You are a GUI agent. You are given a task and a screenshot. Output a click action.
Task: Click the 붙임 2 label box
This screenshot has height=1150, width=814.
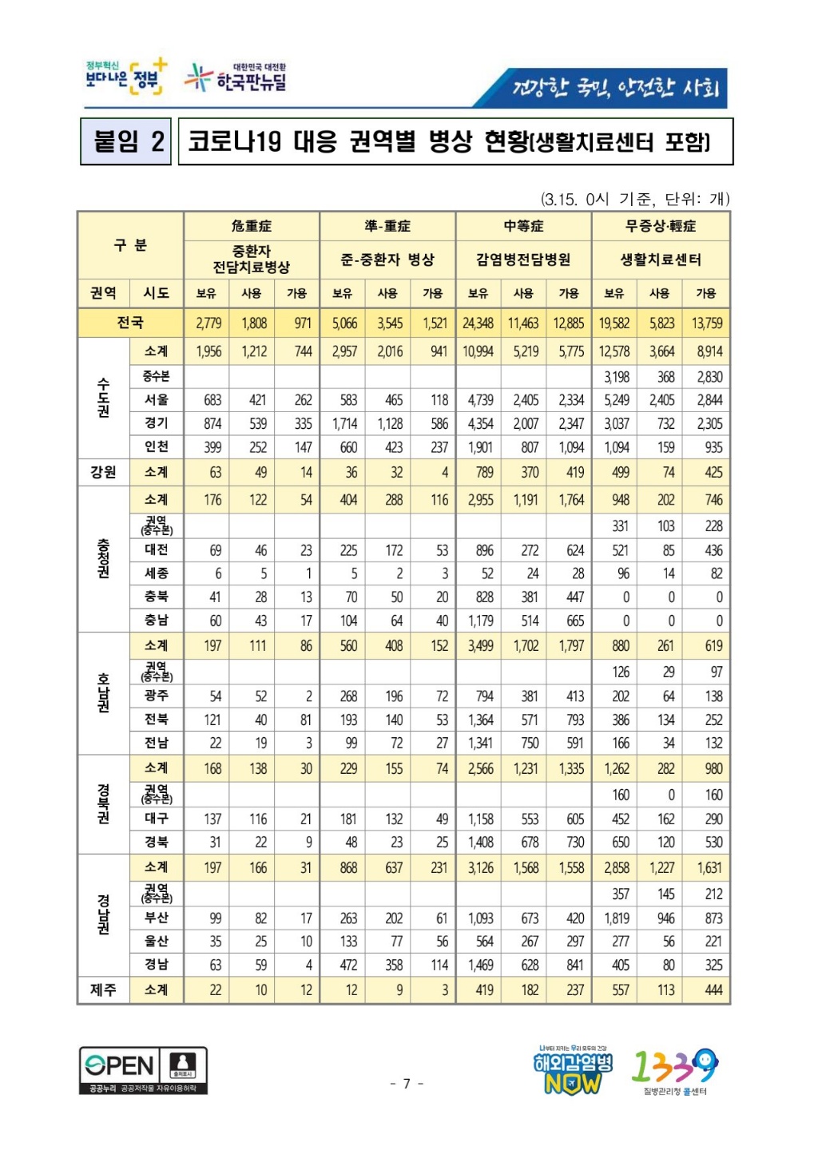[x=126, y=141]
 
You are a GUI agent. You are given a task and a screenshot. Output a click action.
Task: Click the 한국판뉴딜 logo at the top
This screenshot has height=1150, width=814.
[x=236, y=78]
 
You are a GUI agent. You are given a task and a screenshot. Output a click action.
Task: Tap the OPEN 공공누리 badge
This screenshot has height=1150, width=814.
[x=143, y=1069]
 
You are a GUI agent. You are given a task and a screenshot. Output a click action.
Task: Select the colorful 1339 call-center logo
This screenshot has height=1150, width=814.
[x=675, y=1070]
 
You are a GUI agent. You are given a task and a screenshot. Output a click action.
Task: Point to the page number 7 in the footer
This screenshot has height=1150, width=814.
[x=407, y=1084]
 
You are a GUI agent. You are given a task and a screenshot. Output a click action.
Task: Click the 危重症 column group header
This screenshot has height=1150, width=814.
[x=252, y=226]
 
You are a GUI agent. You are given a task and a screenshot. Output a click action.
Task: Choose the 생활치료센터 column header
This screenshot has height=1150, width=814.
[x=661, y=260]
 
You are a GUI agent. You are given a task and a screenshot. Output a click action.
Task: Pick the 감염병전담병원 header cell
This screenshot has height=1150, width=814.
[x=523, y=260]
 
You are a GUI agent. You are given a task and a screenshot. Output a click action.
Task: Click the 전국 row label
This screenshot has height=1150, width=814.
[x=130, y=323]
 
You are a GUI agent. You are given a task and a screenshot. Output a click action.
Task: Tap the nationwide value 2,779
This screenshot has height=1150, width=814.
[x=208, y=323]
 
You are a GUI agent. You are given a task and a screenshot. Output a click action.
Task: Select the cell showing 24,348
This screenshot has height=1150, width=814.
[x=478, y=323]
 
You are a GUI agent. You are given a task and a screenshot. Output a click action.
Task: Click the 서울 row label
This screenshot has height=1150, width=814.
[x=157, y=399]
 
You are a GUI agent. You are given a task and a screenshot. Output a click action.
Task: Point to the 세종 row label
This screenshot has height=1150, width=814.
[x=157, y=573]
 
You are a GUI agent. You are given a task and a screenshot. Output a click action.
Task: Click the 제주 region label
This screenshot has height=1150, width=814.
[x=103, y=989]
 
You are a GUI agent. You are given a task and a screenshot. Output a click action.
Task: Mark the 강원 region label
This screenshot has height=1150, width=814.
[x=103, y=472]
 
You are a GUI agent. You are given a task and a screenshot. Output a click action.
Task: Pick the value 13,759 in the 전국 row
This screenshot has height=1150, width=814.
[x=707, y=323]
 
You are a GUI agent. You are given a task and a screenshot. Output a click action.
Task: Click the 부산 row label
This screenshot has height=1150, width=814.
[x=157, y=918]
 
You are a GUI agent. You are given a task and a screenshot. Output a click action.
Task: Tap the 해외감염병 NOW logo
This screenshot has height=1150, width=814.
[x=573, y=1070]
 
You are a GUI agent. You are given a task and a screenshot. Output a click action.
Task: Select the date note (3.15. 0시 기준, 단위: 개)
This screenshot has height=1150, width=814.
[x=635, y=199]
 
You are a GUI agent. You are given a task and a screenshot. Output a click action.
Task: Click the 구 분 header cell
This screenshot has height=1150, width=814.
[x=130, y=245]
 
